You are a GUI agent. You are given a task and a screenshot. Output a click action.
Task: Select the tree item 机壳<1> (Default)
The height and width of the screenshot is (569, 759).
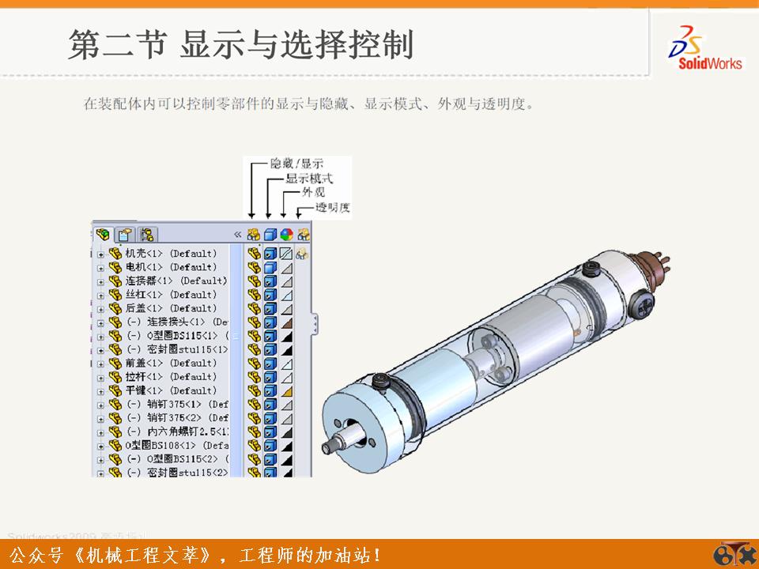pyautogui.click(x=171, y=254)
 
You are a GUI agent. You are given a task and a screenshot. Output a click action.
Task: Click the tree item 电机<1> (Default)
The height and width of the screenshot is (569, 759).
pyautogui.click(x=171, y=267)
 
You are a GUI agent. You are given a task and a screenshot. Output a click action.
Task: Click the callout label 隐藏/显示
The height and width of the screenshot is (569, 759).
pyautogui.click(x=296, y=164)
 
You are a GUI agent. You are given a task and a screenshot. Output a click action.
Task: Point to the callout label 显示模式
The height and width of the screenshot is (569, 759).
pyautogui.click(x=308, y=179)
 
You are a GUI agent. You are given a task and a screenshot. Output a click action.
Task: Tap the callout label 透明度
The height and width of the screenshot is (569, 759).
pyautogui.click(x=332, y=208)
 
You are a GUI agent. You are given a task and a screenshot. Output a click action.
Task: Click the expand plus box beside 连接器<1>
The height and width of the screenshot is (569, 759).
pyautogui.click(x=100, y=281)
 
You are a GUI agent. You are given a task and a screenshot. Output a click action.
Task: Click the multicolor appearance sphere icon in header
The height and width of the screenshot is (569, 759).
pyautogui.click(x=286, y=235)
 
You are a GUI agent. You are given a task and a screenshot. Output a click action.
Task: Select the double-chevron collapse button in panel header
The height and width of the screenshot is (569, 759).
pyautogui.click(x=237, y=235)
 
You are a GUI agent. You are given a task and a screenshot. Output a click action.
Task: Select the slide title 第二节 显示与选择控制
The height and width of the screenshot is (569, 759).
pyautogui.click(x=241, y=45)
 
